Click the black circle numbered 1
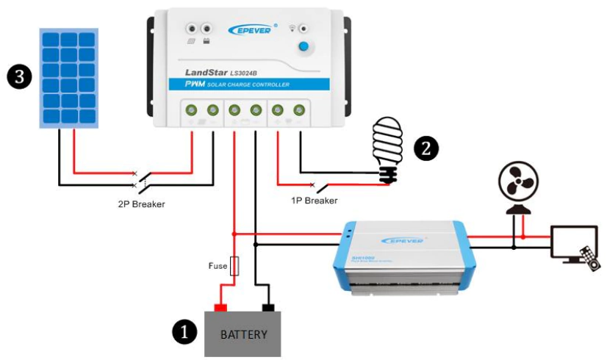[x=184, y=332]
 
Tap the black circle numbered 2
[x=426, y=148]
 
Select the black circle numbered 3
[x=18, y=76]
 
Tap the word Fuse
[x=217, y=266]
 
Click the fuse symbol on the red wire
[x=234, y=266]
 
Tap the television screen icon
[x=572, y=242]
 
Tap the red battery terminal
[x=220, y=307]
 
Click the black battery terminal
[x=268, y=307]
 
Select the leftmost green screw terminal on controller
[x=191, y=110]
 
